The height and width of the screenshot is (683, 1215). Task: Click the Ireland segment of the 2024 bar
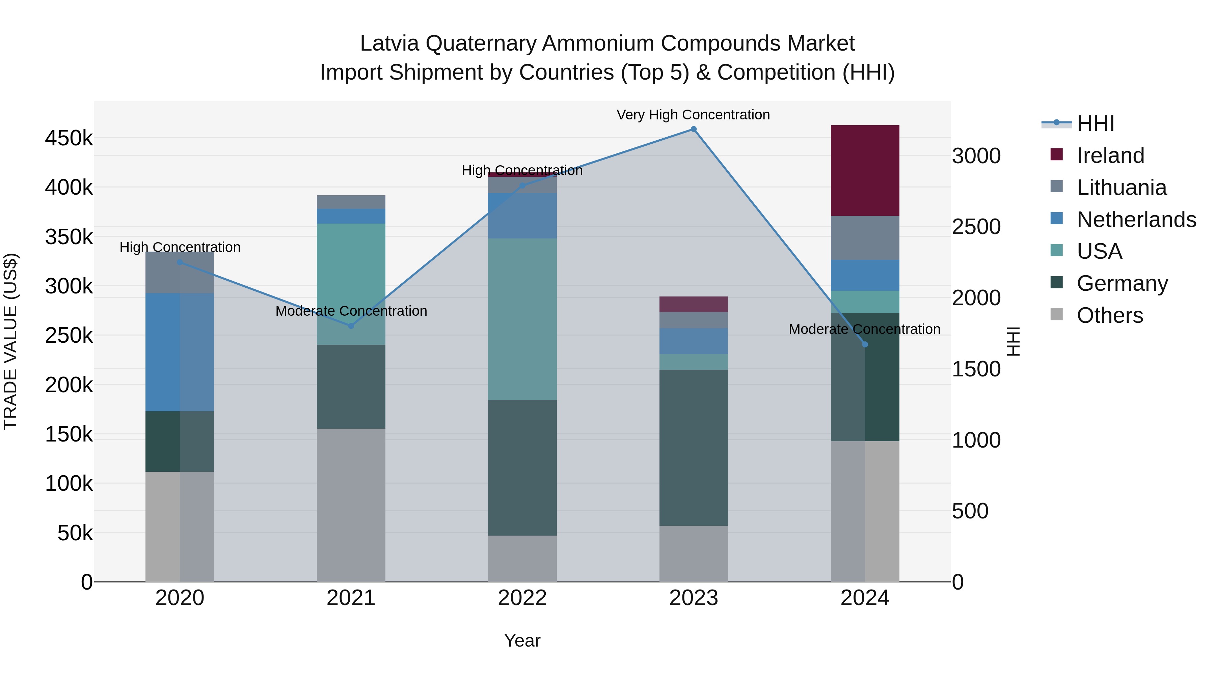pos(865,170)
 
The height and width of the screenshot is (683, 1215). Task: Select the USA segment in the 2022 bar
pos(522,319)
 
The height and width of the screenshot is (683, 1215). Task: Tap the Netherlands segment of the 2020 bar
pos(179,352)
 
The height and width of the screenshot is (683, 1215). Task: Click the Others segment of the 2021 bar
pos(351,505)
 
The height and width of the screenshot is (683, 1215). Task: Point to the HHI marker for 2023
pos(693,129)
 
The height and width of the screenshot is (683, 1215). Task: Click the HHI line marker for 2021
pos(351,326)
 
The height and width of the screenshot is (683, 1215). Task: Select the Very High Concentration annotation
pos(693,115)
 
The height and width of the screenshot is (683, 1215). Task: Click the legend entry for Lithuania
pos(1121,188)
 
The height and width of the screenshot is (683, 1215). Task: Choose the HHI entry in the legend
pos(1095,123)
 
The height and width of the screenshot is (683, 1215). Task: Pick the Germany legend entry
pos(1122,283)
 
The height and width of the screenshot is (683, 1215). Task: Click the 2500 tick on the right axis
pos(976,227)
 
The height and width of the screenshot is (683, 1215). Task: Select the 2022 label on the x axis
pos(522,598)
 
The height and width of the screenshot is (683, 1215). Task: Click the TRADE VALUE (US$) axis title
pos(10,341)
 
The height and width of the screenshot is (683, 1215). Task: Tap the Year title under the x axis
pos(522,641)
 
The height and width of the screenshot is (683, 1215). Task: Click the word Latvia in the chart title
pos(389,44)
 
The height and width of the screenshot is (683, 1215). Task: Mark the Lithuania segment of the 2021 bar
pos(351,202)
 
